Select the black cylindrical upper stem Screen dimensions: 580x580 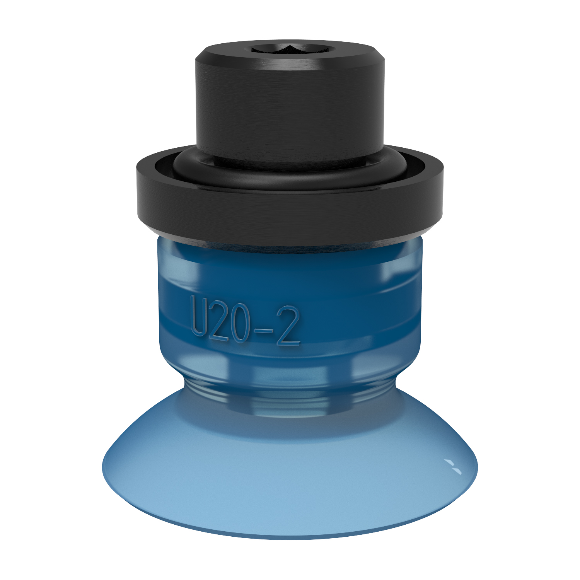[290, 108]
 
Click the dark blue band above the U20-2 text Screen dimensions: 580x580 [290, 286]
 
